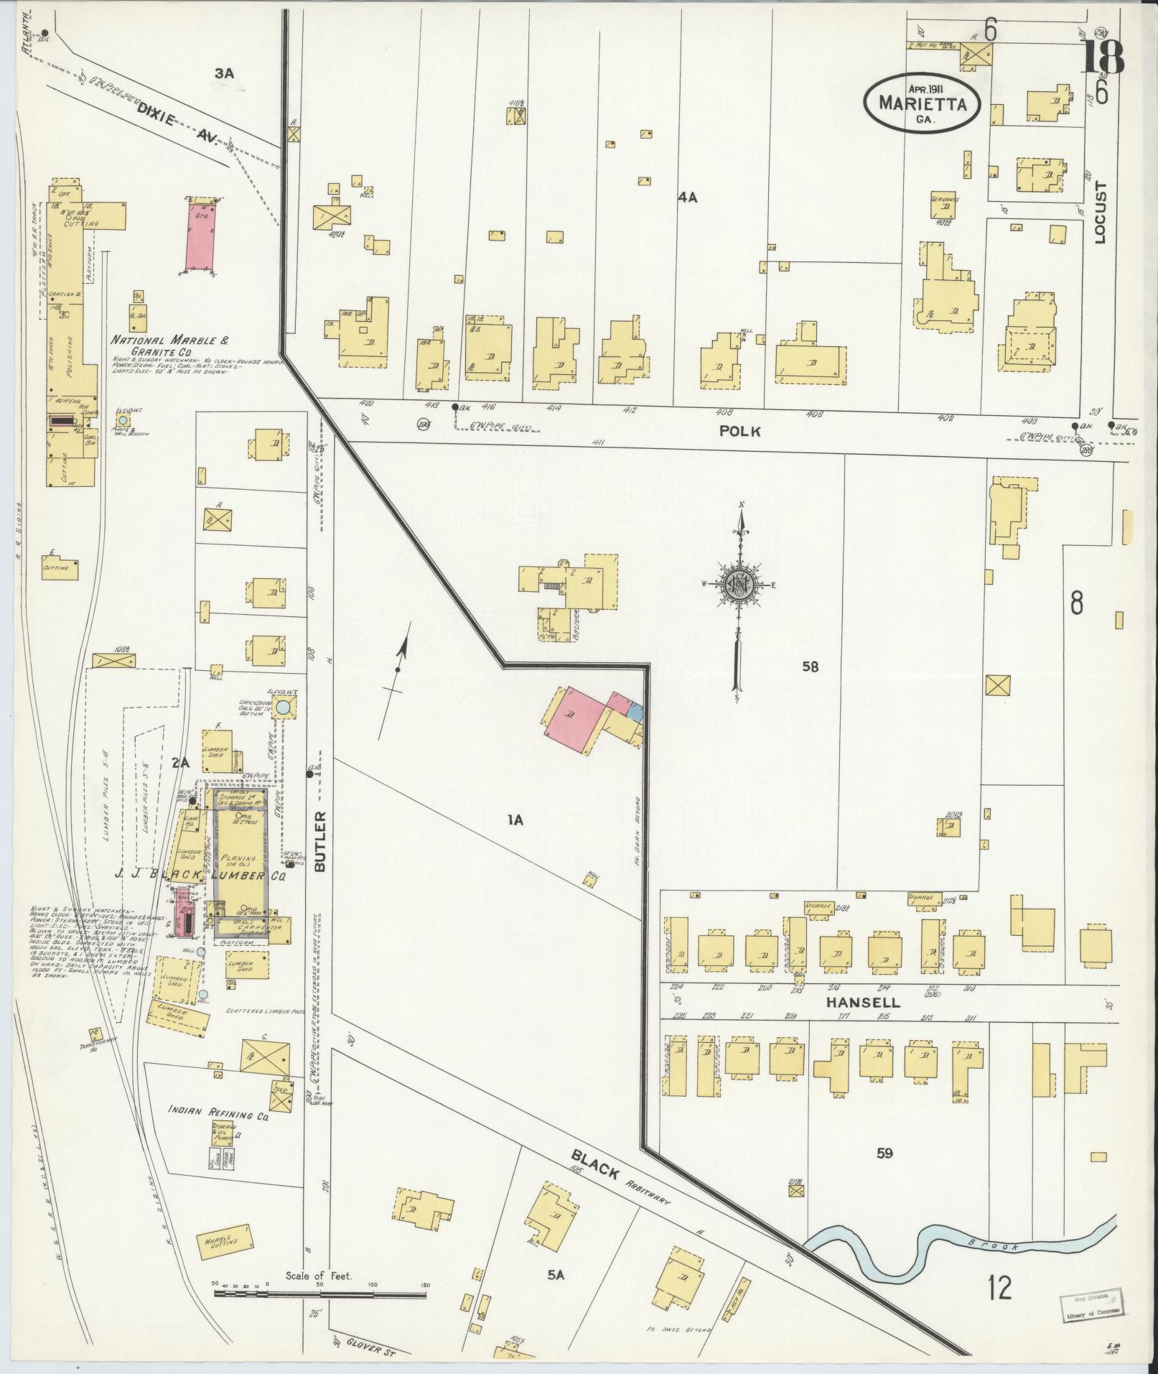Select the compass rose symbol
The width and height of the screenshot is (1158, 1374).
[x=737, y=583]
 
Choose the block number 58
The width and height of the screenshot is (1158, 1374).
[x=811, y=667]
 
